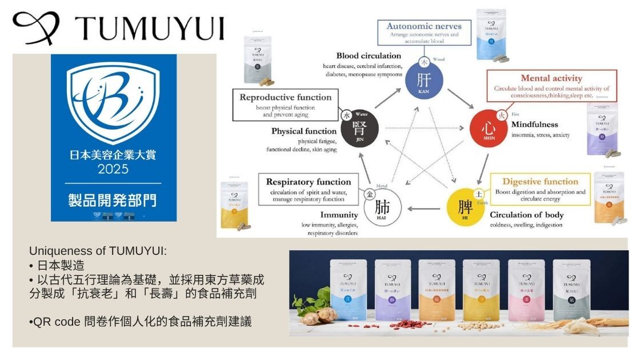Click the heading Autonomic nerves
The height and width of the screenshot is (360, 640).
tap(423, 26)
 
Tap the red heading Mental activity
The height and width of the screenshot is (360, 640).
tap(551, 78)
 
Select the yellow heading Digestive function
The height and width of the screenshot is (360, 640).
tap(540, 182)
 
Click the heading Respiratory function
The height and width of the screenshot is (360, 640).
tap(309, 182)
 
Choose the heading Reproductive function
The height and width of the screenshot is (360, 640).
tap(285, 97)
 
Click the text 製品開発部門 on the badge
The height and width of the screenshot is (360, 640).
tap(113, 200)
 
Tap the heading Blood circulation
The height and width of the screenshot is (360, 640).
tap(369, 56)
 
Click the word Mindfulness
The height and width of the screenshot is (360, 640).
tap(534, 125)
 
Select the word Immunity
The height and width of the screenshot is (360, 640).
tap(339, 215)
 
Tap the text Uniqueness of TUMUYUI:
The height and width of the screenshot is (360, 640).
tap(97, 251)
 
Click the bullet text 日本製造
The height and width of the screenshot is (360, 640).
tap(60, 266)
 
